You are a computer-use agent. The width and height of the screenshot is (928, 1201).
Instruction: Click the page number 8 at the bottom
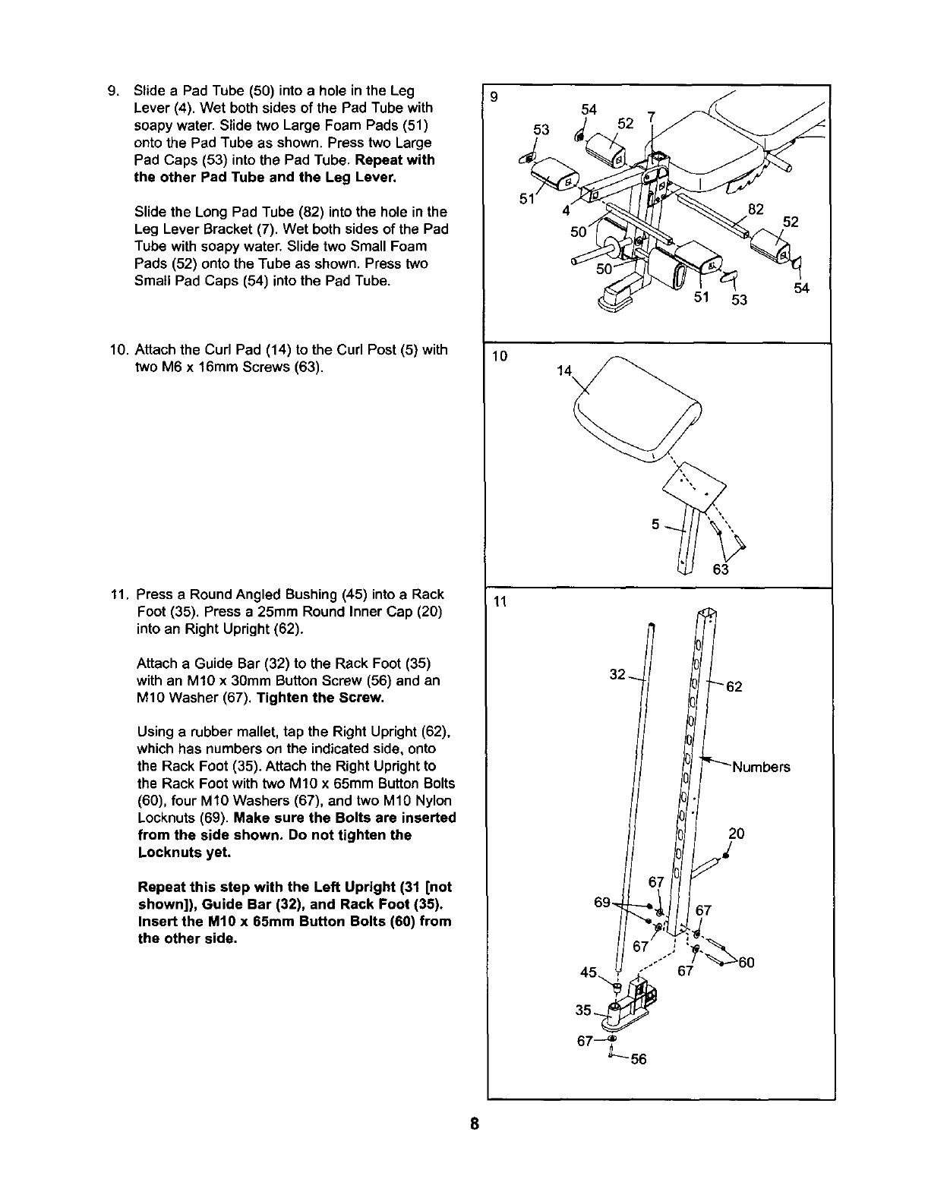click(x=473, y=1124)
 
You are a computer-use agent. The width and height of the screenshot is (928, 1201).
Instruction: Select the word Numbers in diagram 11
click(x=761, y=767)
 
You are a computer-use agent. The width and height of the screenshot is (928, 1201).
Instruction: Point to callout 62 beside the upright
click(x=734, y=688)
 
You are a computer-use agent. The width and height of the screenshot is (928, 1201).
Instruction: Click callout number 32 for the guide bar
click(x=617, y=674)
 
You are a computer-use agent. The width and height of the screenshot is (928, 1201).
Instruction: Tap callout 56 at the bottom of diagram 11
click(x=638, y=1059)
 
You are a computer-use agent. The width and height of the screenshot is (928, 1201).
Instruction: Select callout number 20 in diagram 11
click(x=736, y=834)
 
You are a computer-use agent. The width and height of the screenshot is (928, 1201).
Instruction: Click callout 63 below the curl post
click(x=721, y=569)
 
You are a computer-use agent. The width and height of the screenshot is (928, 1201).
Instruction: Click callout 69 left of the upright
click(x=602, y=902)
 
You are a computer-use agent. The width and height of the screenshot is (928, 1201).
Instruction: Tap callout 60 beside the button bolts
click(x=747, y=963)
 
